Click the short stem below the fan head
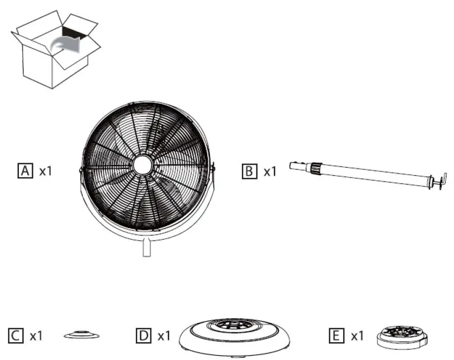(144, 249)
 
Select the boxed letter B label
(248, 171)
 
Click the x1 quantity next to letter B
(270, 171)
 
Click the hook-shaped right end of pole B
(439, 182)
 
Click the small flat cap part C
(77, 336)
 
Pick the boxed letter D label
(143, 336)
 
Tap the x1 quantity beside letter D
(164, 336)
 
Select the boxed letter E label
(335, 336)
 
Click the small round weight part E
(403, 336)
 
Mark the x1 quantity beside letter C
(36, 336)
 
